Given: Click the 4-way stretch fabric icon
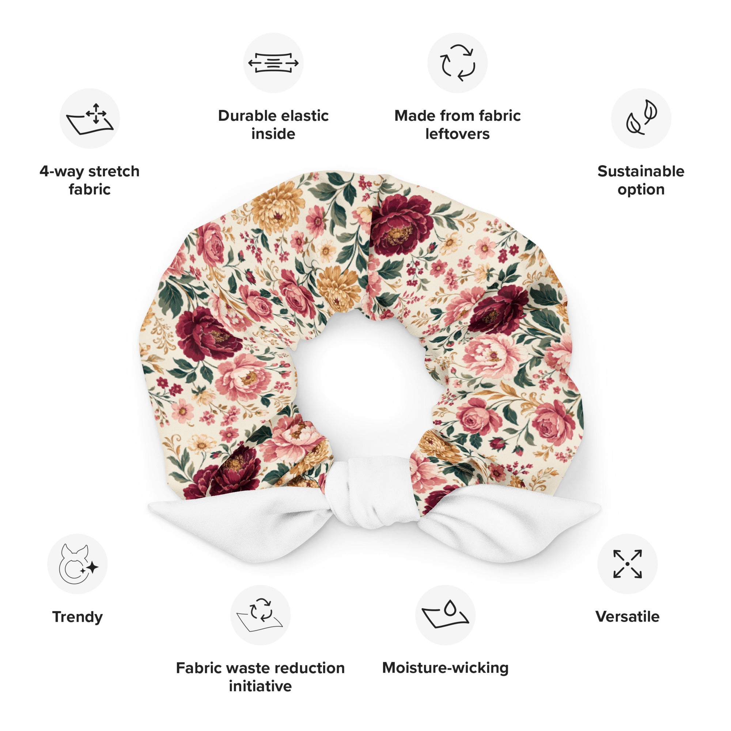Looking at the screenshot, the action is click(x=90, y=118).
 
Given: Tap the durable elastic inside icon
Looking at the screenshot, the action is click(x=273, y=63).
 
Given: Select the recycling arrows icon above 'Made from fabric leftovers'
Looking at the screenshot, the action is click(x=458, y=63).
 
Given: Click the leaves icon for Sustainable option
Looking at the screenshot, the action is click(x=641, y=117).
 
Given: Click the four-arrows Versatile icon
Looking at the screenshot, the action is click(x=627, y=564).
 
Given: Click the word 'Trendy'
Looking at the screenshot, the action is click(x=77, y=617).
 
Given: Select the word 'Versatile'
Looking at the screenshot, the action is click(x=627, y=617).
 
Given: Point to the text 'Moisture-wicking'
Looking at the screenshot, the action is click(x=445, y=668).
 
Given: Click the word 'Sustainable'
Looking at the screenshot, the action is click(x=641, y=171).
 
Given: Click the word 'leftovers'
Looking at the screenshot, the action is click(x=458, y=134).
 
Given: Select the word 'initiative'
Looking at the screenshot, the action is click(x=260, y=686).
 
